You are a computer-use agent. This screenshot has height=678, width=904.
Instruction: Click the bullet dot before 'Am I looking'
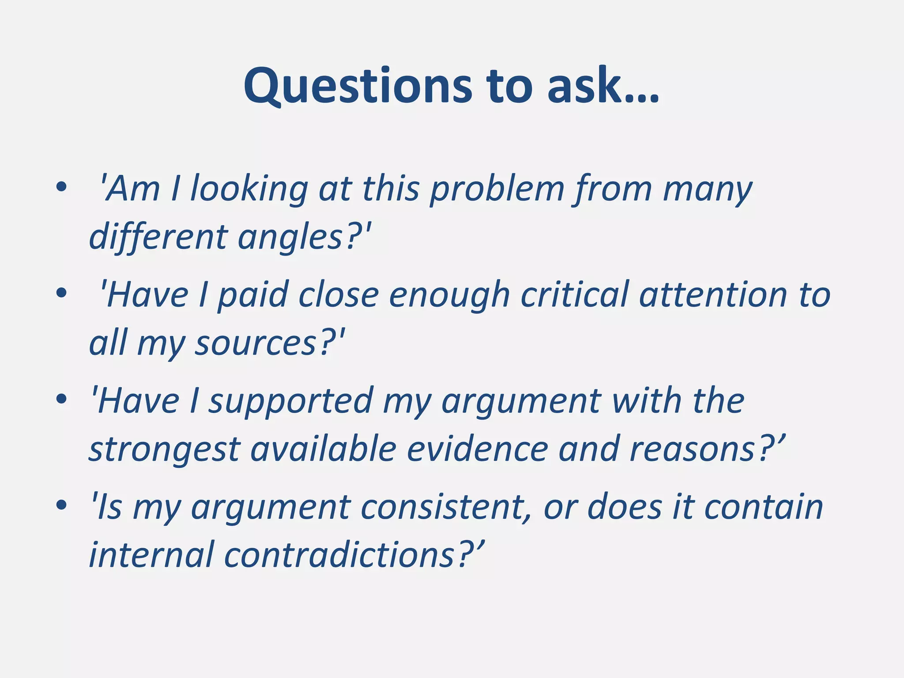point(61,187)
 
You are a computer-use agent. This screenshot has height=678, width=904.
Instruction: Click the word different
point(158,237)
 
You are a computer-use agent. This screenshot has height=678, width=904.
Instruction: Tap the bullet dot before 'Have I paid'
point(61,293)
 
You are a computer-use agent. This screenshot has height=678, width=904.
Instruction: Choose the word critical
point(574,295)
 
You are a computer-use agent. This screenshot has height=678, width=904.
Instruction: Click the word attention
point(713,295)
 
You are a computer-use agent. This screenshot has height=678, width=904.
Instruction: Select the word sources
point(256,344)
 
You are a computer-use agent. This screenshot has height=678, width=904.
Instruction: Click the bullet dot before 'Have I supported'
point(61,399)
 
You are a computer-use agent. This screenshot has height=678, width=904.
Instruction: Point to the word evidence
point(477,449)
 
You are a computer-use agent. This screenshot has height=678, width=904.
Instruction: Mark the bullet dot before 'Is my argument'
point(61,505)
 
